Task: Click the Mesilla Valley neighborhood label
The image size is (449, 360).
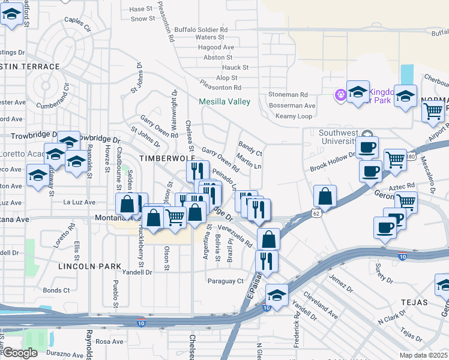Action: click(x=224, y=101)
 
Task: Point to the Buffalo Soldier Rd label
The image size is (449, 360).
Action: click(x=201, y=29)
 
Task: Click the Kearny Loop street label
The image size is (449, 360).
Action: click(x=294, y=116)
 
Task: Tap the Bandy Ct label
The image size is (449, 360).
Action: click(x=250, y=145)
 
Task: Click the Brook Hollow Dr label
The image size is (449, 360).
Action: click(x=333, y=162)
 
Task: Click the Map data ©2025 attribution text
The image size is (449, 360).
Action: click(x=423, y=355)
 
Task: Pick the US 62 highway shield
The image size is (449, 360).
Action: click(x=316, y=212)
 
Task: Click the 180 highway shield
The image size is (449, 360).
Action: click(x=410, y=157)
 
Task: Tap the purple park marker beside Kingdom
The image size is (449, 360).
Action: click(x=341, y=94)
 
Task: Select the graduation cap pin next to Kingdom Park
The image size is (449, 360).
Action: click(x=358, y=92)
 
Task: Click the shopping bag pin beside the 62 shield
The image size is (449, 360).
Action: click(x=325, y=196)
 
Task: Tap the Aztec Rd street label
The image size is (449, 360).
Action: click(x=406, y=187)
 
